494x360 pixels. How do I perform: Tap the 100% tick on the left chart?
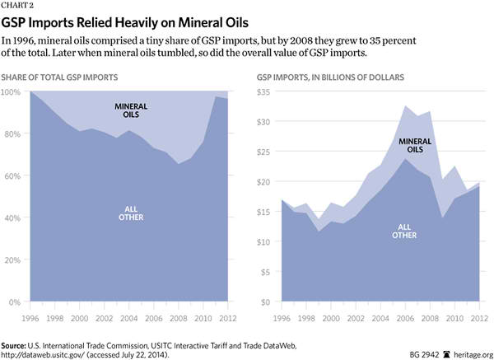[13, 91]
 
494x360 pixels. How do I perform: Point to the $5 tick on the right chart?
[266, 273]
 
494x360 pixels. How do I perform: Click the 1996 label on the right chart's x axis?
[282, 315]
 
